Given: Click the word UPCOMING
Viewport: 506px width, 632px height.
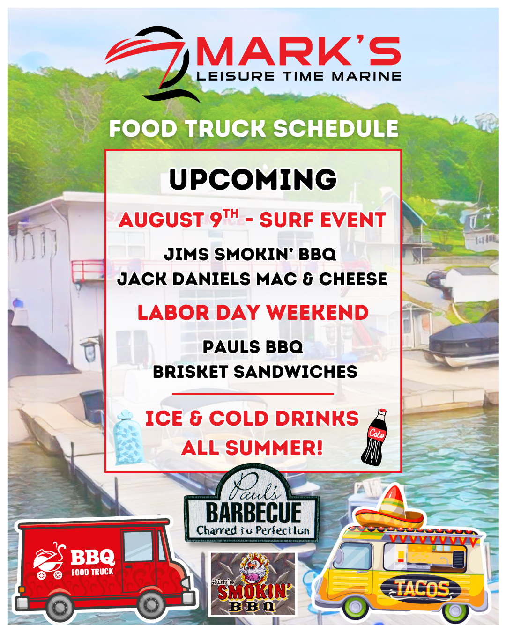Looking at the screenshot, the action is click(253, 179).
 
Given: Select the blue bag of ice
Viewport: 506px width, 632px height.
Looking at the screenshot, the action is click(128, 437).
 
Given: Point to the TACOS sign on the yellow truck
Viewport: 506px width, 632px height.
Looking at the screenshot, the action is click(422, 588).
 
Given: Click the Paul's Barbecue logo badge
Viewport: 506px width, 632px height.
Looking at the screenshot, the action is click(252, 504).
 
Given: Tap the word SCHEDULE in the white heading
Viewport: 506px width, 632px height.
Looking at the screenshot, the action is click(336, 128).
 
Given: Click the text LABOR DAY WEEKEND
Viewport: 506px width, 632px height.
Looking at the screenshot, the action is click(253, 312).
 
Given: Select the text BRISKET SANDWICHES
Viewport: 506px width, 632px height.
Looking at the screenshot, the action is click(255, 372).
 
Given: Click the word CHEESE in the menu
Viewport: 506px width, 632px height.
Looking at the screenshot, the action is click(353, 279).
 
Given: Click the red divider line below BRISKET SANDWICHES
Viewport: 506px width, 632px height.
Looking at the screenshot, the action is click(253, 394).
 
